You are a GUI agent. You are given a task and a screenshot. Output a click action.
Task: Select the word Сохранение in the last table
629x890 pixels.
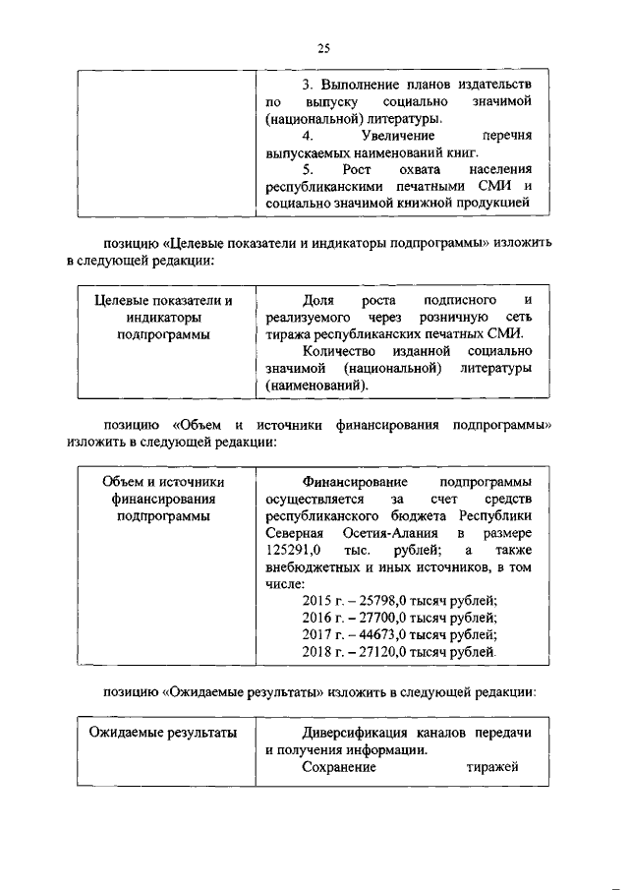339,768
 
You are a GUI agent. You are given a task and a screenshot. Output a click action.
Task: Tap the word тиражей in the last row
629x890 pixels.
492,768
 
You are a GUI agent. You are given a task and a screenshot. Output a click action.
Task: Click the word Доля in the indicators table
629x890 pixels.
319,300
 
